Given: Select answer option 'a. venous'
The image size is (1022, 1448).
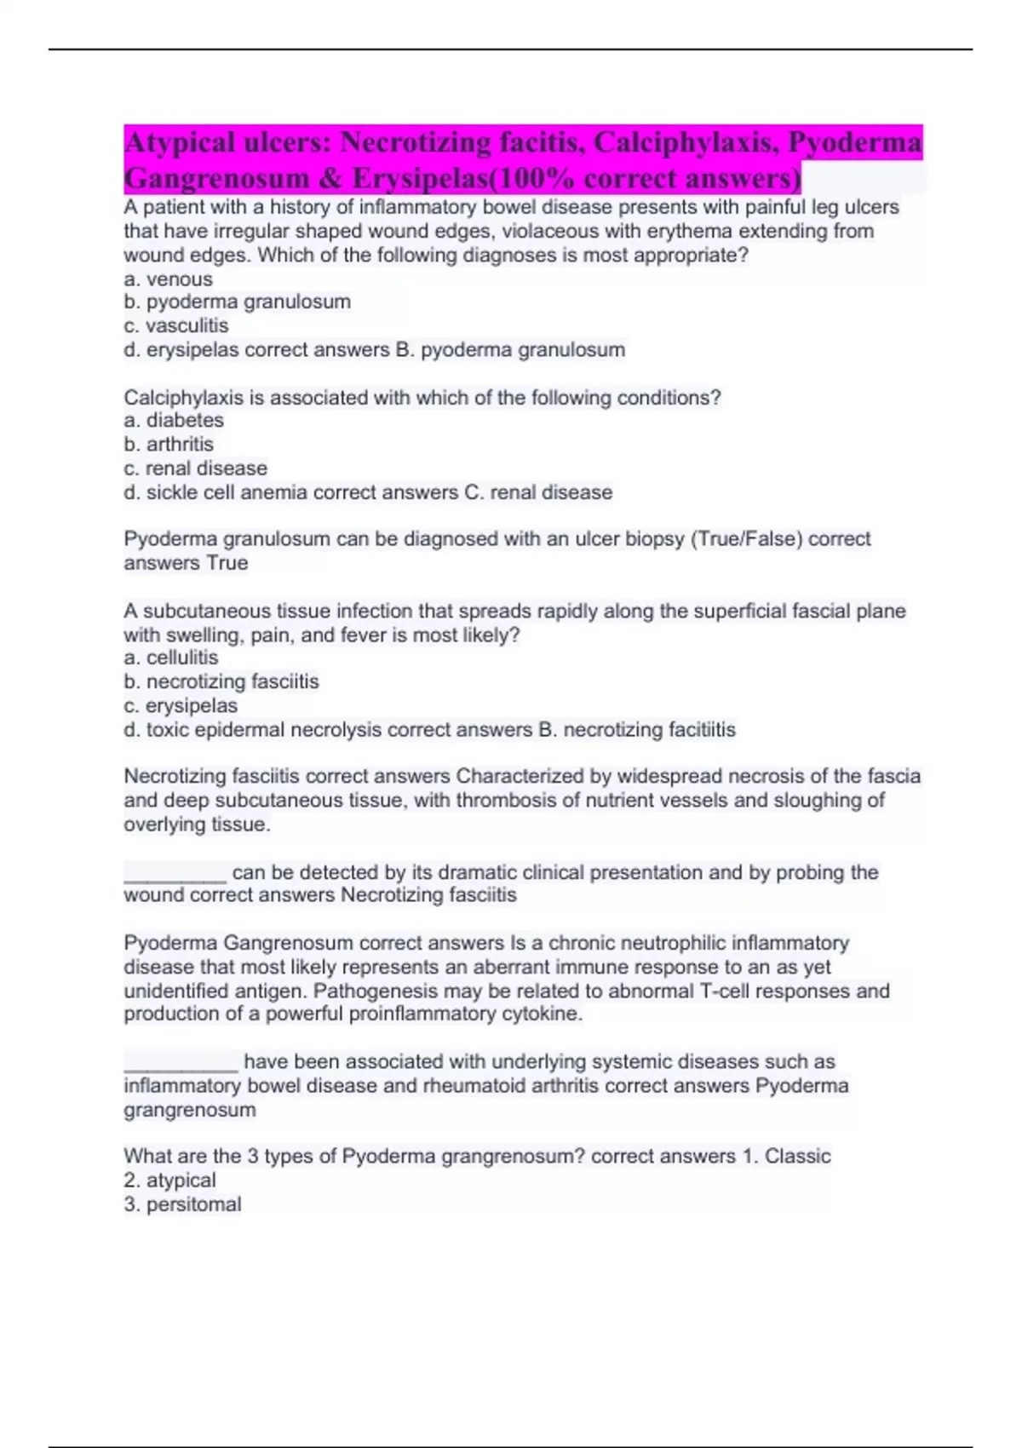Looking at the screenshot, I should (168, 279).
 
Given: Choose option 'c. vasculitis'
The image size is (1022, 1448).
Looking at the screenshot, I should (176, 325).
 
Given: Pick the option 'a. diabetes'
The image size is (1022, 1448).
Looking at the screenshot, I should (174, 420).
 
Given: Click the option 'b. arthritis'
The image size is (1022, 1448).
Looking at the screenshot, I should (169, 444).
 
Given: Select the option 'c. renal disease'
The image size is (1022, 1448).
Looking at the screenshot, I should (195, 468).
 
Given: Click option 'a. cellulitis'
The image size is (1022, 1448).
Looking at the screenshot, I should (170, 658).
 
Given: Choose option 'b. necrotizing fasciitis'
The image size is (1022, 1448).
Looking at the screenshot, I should (221, 681).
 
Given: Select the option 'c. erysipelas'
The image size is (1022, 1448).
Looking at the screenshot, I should (181, 705).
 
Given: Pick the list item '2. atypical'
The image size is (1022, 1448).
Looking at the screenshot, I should (169, 1180).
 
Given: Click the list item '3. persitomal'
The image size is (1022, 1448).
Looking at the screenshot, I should (182, 1204).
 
